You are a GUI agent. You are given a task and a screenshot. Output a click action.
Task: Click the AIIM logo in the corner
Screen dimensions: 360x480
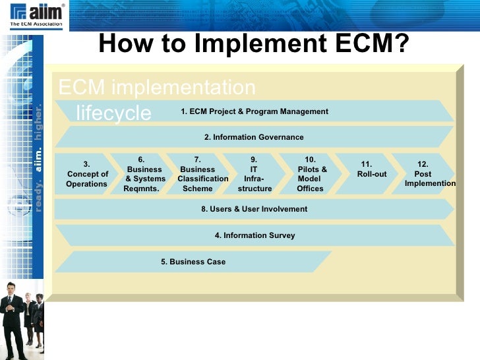[37, 15]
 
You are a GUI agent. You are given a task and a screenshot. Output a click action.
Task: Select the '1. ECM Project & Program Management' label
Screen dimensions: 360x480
[254, 111]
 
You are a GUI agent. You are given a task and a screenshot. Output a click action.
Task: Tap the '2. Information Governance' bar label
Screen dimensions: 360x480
[254, 137]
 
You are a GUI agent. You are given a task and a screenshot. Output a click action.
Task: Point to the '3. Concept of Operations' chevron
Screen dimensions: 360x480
[87, 174]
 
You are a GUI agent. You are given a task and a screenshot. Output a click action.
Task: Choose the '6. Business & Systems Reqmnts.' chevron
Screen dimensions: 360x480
[144, 174]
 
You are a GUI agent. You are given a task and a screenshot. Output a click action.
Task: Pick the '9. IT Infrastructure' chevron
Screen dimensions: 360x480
[255, 174]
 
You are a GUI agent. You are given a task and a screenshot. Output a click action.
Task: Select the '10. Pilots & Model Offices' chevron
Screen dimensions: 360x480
[311, 174]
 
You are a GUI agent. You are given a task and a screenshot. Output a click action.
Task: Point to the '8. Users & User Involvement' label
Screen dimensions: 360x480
[254, 209]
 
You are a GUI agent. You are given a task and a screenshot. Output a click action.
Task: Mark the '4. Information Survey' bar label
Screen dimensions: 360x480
[254, 235]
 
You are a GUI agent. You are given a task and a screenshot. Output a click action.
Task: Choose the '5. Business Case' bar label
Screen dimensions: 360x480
[193, 262]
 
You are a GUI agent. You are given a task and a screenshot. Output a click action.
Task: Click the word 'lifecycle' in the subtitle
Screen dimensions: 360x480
[113, 113]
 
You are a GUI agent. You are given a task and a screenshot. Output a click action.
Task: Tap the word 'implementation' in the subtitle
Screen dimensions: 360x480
[183, 88]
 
